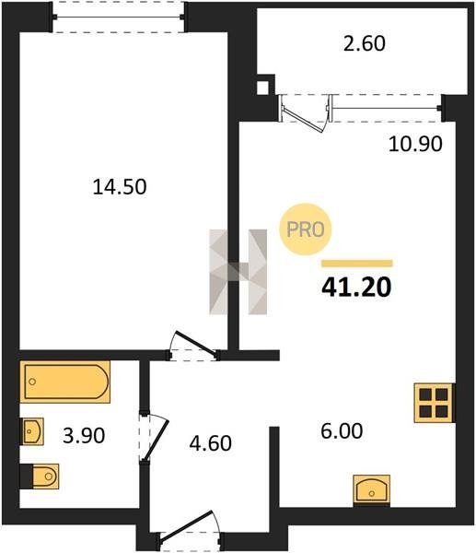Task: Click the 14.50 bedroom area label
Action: (120, 187)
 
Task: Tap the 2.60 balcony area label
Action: (365, 44)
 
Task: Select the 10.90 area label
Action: (415, 144)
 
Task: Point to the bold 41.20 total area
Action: (356, 287)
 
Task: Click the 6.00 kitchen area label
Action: (342, 431)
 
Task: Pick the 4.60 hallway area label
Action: (210, 443)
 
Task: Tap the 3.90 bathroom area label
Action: (84, 436)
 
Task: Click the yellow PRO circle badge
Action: (305, 229)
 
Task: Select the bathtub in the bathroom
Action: (65, 382)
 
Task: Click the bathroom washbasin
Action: (33, 431)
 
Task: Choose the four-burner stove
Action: (434, 403)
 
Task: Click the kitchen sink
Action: (371, 490)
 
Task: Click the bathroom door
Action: (153, 437)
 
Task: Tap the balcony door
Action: (305, 112)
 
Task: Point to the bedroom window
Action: (118, 17)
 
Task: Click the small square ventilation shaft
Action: (262, 88)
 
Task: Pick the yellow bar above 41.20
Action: (357, 264)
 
